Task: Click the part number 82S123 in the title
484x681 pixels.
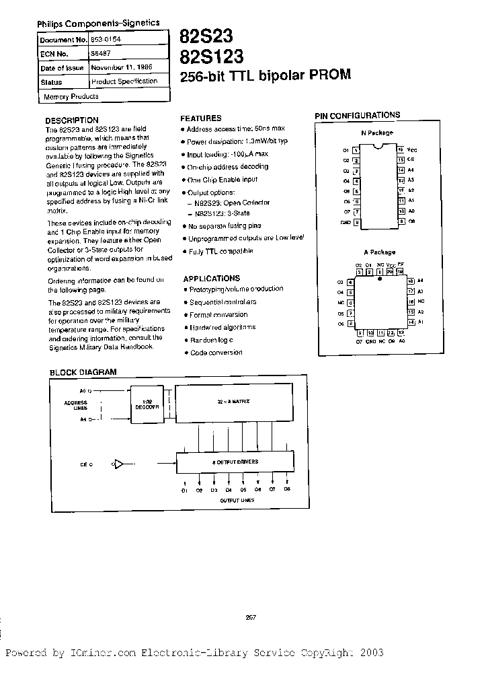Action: coord(211,55)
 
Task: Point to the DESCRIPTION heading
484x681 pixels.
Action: coord(71,120)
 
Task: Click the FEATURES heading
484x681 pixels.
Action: coord(201,118)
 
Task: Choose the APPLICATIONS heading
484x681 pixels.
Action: coord(211,278)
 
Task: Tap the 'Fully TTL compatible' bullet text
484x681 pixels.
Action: coord(220,251)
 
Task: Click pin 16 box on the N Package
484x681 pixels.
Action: coord(400,149)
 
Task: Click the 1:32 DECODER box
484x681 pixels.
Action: coord(147,405)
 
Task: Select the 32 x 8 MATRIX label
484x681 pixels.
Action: coord(235,401)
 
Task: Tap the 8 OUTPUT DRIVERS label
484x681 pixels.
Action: coord(235,462)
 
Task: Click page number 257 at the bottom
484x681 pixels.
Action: coord(251,617)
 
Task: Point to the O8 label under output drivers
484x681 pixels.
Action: coord(287,490)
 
